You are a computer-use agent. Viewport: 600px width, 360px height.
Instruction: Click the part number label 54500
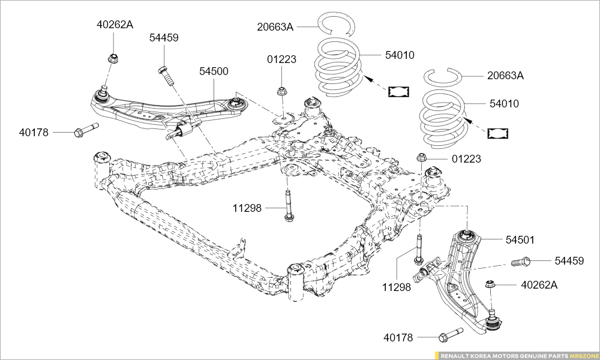click(214, 71)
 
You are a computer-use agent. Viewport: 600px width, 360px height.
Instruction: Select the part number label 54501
click(520, 239)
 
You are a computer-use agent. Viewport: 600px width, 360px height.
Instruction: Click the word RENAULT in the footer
click(457, 355)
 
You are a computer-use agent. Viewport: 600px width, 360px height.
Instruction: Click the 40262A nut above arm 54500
click(112, 58)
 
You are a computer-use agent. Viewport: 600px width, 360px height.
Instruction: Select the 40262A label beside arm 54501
click(539, 284)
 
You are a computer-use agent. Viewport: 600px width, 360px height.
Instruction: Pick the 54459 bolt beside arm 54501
click(521, 262)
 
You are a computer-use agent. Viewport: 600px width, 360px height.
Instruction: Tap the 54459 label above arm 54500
click(164, 37)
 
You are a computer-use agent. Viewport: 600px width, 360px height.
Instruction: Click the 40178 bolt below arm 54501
click(451, 334)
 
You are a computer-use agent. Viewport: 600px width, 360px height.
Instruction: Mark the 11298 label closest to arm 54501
click(397, 287)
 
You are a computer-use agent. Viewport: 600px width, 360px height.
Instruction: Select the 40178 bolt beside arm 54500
click(86, 130)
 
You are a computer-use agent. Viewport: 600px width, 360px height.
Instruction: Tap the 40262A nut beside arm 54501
click(490, 284)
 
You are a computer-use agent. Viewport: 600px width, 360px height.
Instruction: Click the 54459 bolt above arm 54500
click(166, 76)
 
